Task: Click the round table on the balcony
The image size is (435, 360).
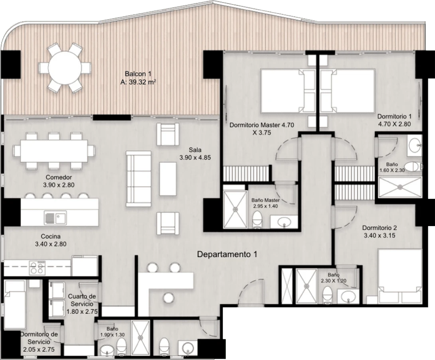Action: pos(65,67)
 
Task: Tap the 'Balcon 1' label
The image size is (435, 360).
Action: pos(138,74)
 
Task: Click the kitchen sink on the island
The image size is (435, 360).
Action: pos(55,218)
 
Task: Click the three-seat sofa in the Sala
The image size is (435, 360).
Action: pos(138,179)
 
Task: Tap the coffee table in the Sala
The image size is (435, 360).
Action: pos(168,179)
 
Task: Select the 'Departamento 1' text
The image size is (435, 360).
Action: pos(227,254)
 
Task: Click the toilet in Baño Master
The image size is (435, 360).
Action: pos(257,220)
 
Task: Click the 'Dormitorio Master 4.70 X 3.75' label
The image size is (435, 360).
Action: pos(262,129)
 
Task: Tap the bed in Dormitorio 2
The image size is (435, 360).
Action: pos(400,276)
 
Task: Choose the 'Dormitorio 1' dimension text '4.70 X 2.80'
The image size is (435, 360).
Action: pos(394,124)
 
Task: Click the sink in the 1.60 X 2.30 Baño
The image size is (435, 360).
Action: pos(415,144)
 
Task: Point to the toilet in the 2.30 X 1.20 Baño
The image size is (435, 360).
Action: pos(328,295)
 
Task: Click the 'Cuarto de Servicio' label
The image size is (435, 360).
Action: pos(82,300)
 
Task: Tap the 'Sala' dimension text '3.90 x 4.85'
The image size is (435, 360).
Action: pos(195,157)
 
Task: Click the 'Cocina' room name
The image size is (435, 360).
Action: pos(51,236)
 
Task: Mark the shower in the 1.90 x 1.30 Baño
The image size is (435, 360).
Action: pos(140,337)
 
